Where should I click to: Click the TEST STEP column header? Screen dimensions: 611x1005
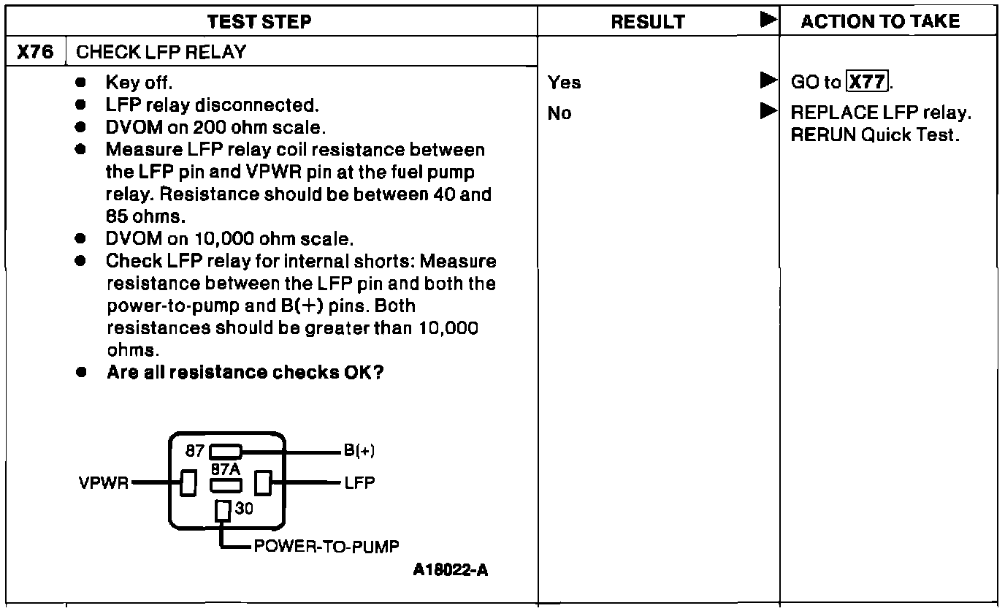pyautogui.click(x=260, y=22)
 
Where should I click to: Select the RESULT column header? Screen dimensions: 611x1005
pyautogui.click(x=648, y=22)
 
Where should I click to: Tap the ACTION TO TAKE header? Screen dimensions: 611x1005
pyautogui.click(x=880, y=22)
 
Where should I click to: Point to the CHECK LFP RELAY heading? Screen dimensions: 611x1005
pyautogui.click(x=161, y=53)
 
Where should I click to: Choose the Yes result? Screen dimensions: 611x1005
pyautogui.click(x=565, y=83)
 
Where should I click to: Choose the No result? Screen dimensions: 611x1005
pyautogui.click(x=559, y=113)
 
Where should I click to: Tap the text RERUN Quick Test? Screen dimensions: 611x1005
pyautogui.click(x=874, y=135)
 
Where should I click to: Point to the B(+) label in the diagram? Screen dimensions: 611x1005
pyautogui.click(x=359, y=451)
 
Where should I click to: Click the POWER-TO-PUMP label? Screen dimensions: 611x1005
pyautogui.click(x=326, y=547)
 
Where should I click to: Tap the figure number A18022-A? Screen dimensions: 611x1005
pyautogui.click(x=451, y=570)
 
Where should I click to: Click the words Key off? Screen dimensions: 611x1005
pyautogui.click(x=139, y=83)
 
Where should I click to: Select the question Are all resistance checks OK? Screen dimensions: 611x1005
pyautogui.click(x=245, y=372)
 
